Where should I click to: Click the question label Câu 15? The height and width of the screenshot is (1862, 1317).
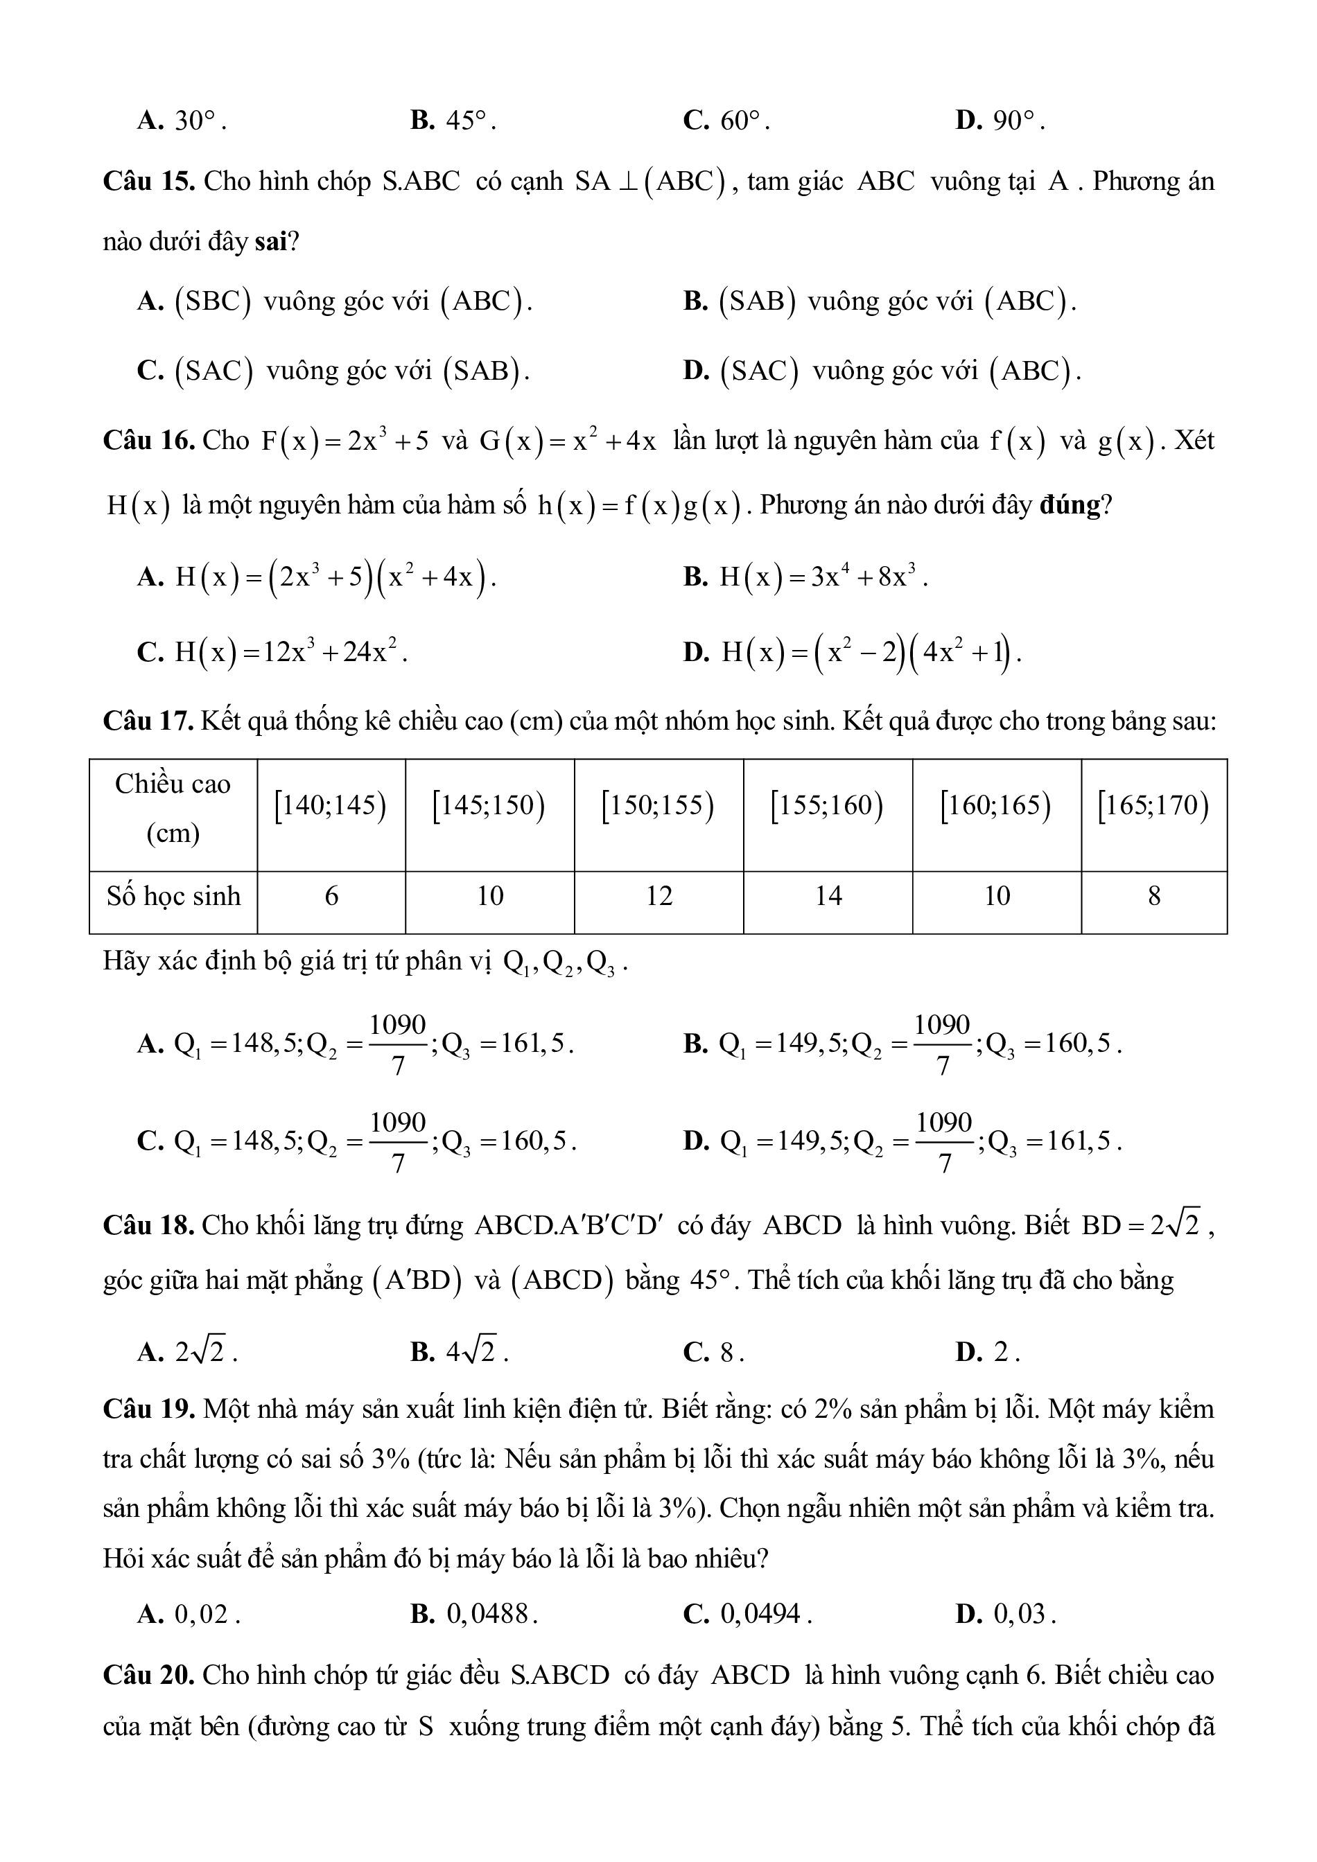pos(148,181)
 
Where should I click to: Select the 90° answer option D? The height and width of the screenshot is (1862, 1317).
pos(1000,121)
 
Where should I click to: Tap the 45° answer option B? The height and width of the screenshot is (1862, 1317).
pos(453,121)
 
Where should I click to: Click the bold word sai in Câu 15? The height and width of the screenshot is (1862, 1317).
pos(271,242)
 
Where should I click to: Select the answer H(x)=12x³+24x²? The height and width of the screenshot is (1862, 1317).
pos(272,651)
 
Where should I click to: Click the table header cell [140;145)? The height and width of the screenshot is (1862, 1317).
pos(331,805)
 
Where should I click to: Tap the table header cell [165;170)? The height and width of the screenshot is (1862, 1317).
pos(1153,805)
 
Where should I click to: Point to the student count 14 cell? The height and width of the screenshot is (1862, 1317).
pos(828,895)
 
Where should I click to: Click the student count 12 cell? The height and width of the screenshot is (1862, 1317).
pos(659,895)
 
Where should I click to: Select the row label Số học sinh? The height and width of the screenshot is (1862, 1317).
pos(173,895)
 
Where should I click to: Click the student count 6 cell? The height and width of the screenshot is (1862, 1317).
pos(331,895)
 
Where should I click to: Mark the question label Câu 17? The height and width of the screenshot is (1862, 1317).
pos(148,720)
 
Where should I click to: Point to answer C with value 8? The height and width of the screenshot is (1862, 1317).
pos(714,1352)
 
